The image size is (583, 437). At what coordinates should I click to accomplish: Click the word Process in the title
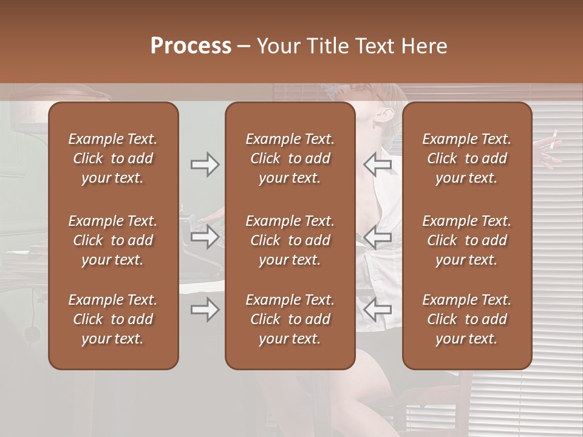(191, 46)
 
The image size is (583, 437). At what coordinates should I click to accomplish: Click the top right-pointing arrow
(205, 164)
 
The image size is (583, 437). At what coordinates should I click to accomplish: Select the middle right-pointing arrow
(205, 236)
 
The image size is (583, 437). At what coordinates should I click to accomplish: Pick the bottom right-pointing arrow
(205, 310)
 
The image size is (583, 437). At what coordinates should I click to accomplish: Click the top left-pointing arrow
(378, 164)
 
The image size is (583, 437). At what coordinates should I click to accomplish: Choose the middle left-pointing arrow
(378, 236)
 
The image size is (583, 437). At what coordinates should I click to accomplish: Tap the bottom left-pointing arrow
(378, 310)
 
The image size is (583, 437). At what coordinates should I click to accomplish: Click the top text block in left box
(113, 158)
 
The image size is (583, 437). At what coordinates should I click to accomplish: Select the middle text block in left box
(113, 240)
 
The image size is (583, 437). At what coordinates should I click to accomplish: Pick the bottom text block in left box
(113, 319)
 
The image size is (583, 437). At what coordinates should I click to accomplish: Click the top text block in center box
(290, 158)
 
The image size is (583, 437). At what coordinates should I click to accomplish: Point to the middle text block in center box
(290, 240)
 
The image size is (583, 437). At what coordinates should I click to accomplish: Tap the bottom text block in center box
(290, 319)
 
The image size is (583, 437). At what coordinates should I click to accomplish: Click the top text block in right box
(466, 158)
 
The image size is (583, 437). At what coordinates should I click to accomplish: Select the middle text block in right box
(466, 240)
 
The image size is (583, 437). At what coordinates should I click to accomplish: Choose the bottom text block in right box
(466, 319)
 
